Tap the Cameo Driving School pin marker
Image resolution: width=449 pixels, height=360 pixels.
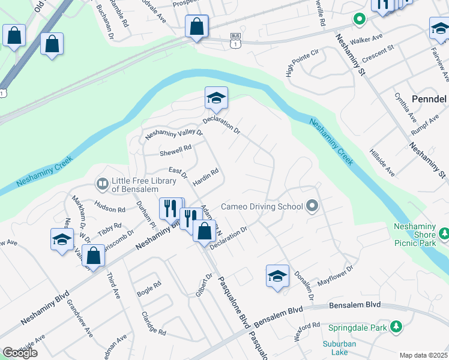coord(312,206)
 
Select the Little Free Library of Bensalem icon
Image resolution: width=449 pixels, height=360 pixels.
coord(103,182)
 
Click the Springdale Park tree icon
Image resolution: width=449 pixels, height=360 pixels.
coord(396,327)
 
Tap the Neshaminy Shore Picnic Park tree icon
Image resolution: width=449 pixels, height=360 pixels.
coord(444,233)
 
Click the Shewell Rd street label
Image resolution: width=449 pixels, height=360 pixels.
coord(175,150)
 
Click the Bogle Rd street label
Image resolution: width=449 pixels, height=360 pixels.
coord(149,289)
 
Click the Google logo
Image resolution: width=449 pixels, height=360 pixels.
coord(20,353)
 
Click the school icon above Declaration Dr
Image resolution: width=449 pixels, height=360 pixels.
coord(216,98)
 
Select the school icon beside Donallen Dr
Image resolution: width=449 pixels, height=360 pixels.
coord(277,276)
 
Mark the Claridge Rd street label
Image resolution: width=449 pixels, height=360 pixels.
coord(153,323)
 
